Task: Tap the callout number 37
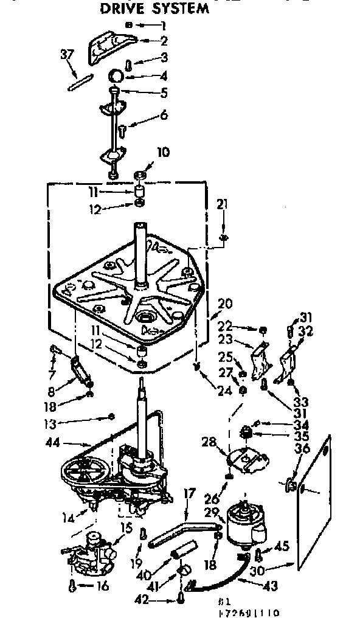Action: tap(67, 55)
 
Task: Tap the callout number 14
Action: tap(69, 518)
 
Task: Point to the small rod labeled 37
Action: tap(80, 82)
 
